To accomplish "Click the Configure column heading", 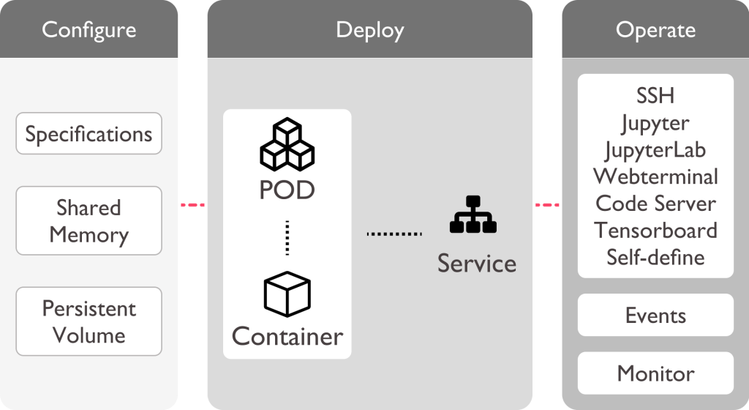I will pos(89,30).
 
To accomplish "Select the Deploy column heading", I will pos(369,30).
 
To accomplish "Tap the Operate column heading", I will pos(655,30).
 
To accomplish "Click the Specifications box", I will pos(89,134).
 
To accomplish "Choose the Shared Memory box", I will pos(89,221).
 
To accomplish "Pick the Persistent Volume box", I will pos(89,321).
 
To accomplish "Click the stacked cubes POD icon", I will pos(287,145).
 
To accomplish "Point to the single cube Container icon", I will pos(287,294).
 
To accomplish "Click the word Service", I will pos(477,262).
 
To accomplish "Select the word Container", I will pos(287,336).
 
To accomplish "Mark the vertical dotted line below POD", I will pos(287,236).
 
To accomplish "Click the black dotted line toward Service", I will pos(395,234).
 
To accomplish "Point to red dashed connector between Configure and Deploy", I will pos(192,205).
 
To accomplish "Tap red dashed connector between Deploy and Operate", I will pos(546,205).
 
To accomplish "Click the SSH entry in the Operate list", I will pos(655,96).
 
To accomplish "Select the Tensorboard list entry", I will pos(655,230).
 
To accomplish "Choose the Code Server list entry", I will pos(655,203).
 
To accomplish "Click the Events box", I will pos(655,316).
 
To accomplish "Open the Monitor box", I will pos(655,373).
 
